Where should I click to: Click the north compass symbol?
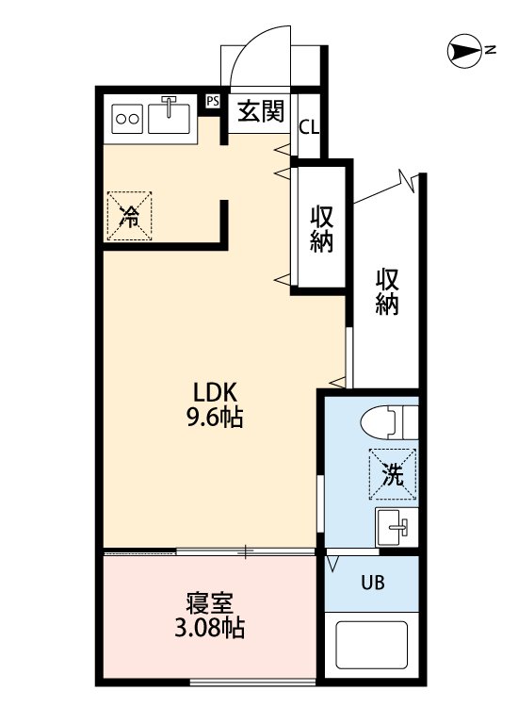(x=464, y=51)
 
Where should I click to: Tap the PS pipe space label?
(x=213, y=102)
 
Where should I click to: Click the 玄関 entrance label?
(x=262, y=111)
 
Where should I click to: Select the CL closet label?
(x=309, y=128)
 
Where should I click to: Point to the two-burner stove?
(x=127, y=119)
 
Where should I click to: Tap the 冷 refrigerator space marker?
(x=129, y=216)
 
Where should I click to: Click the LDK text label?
(x=215, y=392)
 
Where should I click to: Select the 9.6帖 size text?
(x=215, y=417)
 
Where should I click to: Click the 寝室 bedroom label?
(x=210, y=603)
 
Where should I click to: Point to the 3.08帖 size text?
(x=210, y=628)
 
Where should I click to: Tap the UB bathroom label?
(x=373, y=583)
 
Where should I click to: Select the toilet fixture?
(x=390, y=422)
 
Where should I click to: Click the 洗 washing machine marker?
(x=393, y=474)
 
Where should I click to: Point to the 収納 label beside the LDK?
(x=321, y=229)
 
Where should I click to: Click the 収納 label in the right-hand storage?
(x=387, y=291)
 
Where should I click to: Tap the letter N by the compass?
(x=490, y=50)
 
